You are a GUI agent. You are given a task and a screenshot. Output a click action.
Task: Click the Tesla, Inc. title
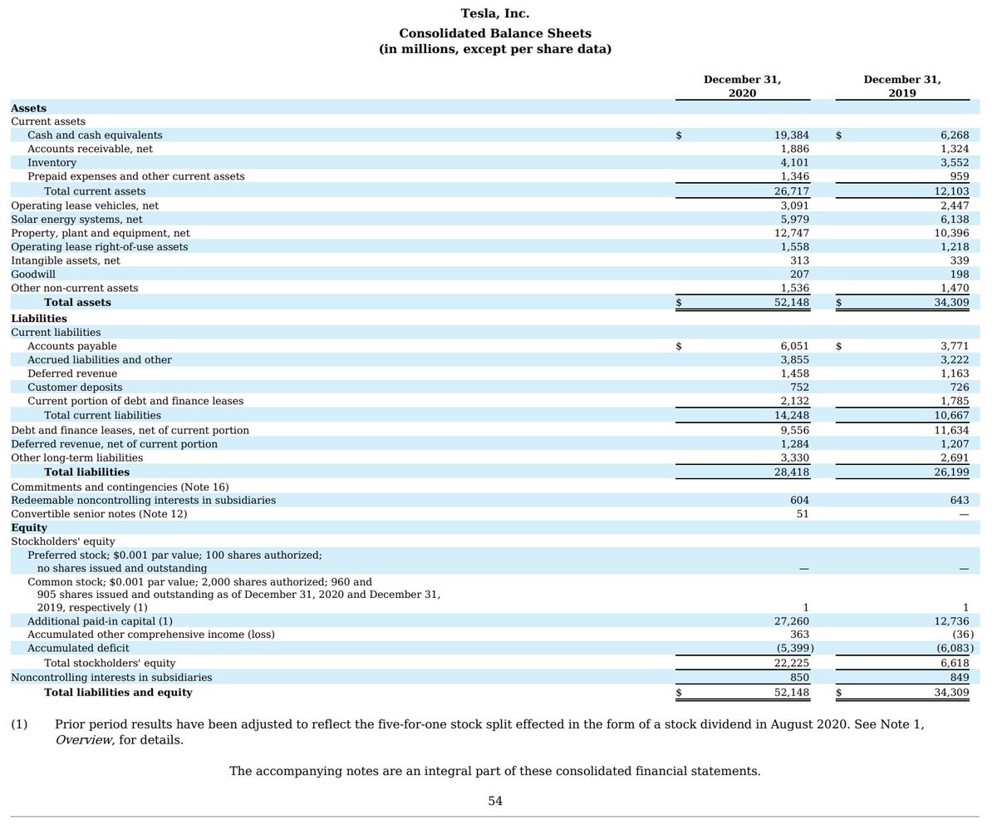click(495, 13)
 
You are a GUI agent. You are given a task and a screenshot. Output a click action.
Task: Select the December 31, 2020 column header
click(743, 86)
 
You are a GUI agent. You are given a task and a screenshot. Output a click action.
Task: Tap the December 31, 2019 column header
click(902, 86)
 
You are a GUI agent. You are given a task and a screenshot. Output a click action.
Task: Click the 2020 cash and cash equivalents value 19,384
click(792, 136)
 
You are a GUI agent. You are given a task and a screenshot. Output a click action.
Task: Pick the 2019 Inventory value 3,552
click(955, 162)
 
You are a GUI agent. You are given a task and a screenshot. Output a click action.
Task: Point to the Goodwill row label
click(33, 274)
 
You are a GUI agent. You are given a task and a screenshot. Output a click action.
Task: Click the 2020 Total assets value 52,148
click(792, 303)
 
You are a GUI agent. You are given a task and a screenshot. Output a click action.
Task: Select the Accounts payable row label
click(72, 346)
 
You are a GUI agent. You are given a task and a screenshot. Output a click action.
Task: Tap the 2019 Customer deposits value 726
click(960, 388)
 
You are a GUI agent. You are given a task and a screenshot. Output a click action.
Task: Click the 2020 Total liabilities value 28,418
click(792, 472)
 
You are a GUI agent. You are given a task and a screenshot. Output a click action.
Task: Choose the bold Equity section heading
click(29, 527)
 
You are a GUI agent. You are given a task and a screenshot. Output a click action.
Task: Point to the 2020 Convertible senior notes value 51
click(803, 514)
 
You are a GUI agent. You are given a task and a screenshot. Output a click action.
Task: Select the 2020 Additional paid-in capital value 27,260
click(792, 621)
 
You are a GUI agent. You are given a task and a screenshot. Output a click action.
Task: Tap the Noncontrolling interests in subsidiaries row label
click(111, 678)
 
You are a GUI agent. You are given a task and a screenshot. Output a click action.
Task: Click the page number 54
click(495, 801)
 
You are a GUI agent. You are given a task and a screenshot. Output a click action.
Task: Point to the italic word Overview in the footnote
click(85, 740)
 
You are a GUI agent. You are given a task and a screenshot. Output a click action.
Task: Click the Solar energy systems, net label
click(77, 220)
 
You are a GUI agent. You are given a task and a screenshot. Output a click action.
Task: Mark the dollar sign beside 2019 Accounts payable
click(838, 346)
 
